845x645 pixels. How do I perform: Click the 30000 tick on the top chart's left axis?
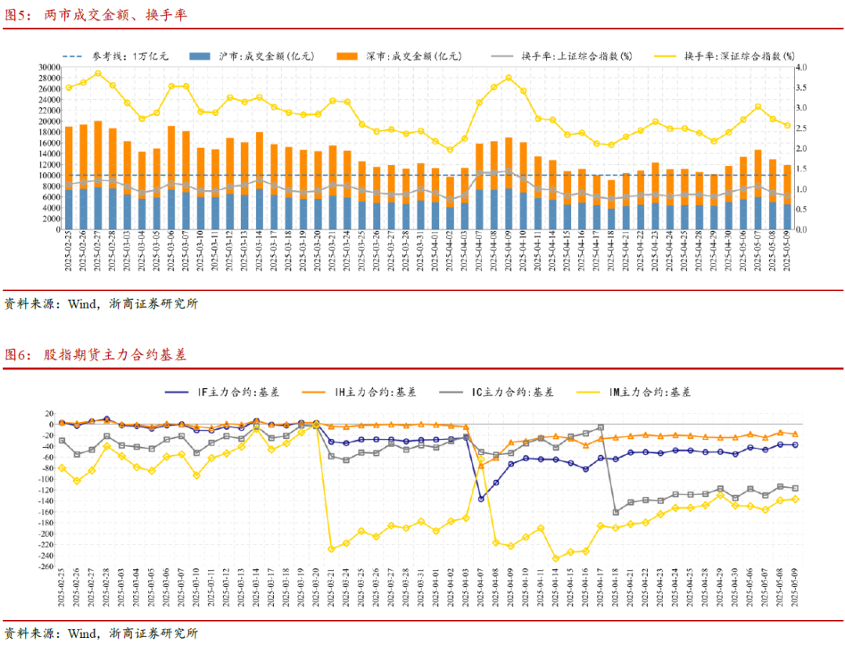point(49,67)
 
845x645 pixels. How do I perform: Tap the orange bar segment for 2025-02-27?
point(98,154)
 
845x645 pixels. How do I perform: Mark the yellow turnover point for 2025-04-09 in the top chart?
point(509,78)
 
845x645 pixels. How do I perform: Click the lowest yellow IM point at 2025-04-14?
point(556,558)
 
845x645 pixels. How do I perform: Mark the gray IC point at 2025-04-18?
point(616,512)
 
